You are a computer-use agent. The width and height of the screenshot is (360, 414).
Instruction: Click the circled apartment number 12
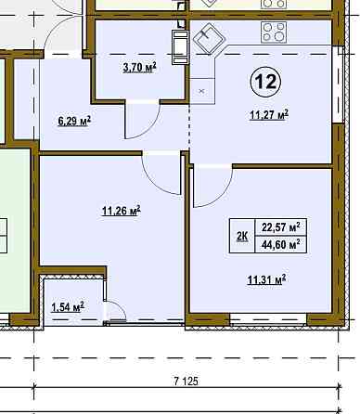tap(265, 82)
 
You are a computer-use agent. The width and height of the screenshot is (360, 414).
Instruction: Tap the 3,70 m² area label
tap(139, 67)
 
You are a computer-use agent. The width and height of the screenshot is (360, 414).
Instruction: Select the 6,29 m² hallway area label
tap(74, 121)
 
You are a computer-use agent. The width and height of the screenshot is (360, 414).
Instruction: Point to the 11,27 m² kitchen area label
tap(269, 115)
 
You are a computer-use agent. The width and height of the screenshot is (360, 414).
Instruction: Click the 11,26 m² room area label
tap(122, 211)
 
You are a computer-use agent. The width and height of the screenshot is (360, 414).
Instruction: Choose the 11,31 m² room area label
tap(266, 280)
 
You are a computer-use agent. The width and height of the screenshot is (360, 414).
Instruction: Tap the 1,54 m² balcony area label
tap(68, 308)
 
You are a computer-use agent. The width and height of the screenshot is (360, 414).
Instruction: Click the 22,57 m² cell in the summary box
tap(281, 227)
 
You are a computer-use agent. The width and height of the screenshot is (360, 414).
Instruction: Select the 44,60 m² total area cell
tap(281, 245)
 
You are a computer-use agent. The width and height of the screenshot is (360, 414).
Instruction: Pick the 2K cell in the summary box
tap(242, 236)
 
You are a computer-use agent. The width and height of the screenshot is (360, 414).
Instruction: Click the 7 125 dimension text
tap(186, 382)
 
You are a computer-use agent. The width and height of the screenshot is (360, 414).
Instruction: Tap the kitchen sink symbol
tap(209, 38)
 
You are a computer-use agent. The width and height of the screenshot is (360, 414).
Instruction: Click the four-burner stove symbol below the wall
tap(274, 32)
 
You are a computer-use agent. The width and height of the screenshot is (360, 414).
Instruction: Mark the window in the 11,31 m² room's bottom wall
tap(268, 319)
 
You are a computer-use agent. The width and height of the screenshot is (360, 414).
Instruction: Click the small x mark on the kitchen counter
tap(201, 91)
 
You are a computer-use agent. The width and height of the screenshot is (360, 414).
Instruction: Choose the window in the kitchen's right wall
tap(338, 84)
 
